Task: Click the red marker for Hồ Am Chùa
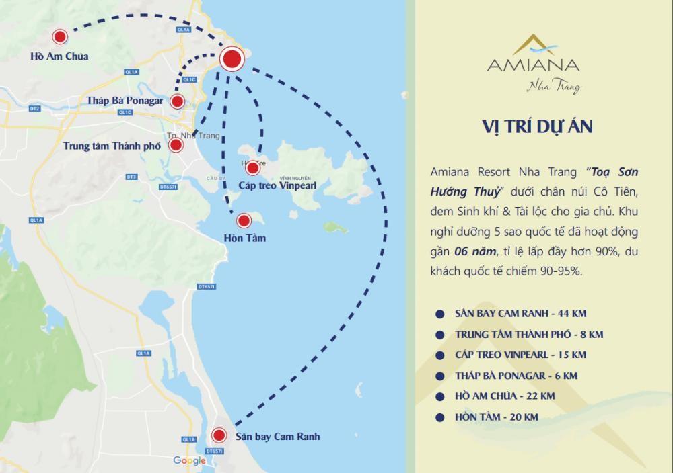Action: (x=61, y=37)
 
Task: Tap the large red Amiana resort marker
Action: (x=232, y=60)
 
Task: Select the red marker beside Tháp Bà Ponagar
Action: (x=177, y=101)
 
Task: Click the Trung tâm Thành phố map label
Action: (x=112, y=145)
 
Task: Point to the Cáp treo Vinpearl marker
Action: (x=253, y=168)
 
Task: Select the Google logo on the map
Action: (x=190, y=460)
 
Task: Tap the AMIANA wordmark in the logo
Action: (x=532, y=66)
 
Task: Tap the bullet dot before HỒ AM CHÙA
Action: (x=439, y=396)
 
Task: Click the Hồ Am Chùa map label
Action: (x=59, y=56)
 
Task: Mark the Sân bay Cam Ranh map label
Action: (x=277, y=437)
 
